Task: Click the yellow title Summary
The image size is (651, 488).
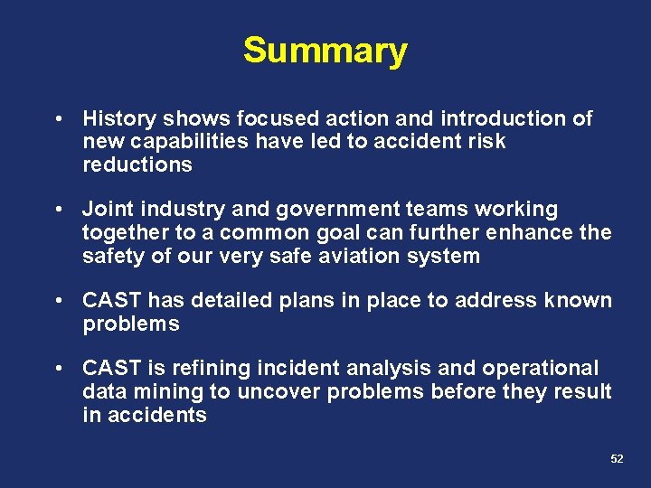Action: point(325,51)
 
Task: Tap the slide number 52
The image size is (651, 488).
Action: point(617,459)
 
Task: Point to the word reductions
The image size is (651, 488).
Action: point(137,164)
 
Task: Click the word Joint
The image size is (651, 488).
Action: point(104,210)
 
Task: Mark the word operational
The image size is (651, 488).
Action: point(540,369)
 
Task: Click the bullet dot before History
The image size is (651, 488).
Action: point(58,119)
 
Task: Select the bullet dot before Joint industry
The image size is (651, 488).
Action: point(58,210)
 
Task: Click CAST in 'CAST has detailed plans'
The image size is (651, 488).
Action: point(112,300)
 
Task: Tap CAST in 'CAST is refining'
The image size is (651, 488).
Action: point(112,369)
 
